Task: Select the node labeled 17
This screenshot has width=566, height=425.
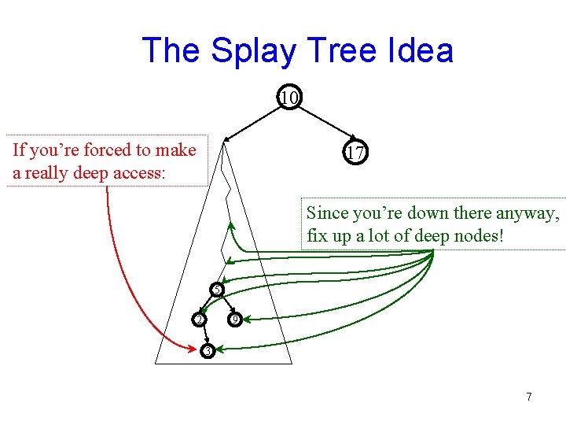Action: (x=355, y=153)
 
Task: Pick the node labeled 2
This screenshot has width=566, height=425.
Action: (x=200, y=320)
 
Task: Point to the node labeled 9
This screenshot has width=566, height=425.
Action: (x=233, y=320)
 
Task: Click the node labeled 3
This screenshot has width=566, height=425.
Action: (x=207, y=350)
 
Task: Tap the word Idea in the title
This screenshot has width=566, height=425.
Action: (x=421, y=51)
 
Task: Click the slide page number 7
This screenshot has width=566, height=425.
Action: (x=529, y=397)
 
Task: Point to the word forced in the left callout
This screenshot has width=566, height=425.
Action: (x=106, y=150)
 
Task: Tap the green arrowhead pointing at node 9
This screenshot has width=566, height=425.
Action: (x=246, y=320)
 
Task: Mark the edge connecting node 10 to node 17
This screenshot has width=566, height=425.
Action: (x=323, y=125)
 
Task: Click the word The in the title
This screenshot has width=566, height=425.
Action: (x=171, y=51)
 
